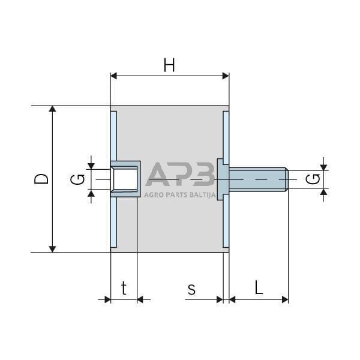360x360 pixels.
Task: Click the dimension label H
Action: click(x=169, y=65)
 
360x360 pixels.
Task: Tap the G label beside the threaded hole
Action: click(x=76, y=179)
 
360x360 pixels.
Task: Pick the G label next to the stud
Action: click(x=311, y=179)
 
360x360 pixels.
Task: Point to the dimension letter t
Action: click(x=124, y=289)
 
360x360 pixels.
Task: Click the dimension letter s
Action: click(x=191, y=289)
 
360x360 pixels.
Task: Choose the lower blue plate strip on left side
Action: click(x=113, y=222)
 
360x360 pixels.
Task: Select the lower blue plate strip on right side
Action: click(x=226, y=223)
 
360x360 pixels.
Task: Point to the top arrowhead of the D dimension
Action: click(x=53, y=110)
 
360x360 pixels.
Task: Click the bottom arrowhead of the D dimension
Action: click(x=53, y=248)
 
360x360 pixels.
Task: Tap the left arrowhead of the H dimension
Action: click(x=115, y=76)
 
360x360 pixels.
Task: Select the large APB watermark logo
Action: click(x=180, y=175)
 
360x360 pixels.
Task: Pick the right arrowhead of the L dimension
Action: click(x=285, y=299)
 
